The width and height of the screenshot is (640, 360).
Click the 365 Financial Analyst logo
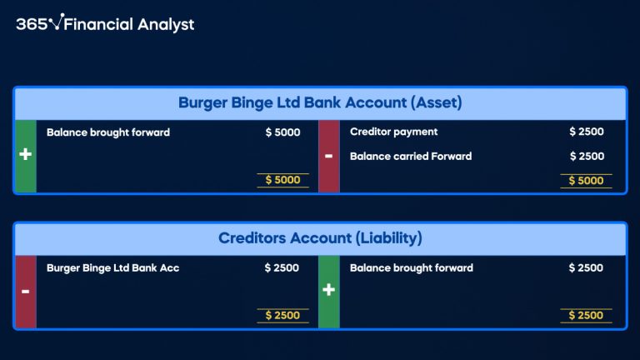tap(105, 24)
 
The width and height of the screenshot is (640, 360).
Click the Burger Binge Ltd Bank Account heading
tap(320, 103)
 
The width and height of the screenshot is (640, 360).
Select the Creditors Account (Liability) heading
tap(320, 238)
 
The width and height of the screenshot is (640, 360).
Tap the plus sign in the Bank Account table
tap(26, 156)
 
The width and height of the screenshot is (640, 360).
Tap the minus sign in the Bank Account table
tap(328, 156)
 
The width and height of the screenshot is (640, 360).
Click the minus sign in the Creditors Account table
tap(26, 291)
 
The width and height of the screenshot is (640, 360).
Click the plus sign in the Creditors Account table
tap(328, 291)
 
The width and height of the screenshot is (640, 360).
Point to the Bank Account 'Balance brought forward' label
tap(108, 132)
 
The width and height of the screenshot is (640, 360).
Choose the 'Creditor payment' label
tap(393, 132)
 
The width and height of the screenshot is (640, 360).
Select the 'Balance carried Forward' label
tap(411, 156)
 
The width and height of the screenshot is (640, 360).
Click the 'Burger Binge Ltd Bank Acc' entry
tap(113, 267)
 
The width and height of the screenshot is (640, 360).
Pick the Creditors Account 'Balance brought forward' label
tap(412, 267)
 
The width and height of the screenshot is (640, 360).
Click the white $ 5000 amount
tap(282, 132)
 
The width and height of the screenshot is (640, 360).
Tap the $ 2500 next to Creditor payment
tap(587, 132)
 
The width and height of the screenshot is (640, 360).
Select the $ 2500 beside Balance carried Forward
tap(587, 156)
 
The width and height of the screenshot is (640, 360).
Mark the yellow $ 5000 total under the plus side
tap(282, 180)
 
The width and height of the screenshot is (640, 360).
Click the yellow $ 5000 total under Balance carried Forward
tap(587, 180)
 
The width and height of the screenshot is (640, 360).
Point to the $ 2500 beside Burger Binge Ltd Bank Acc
tap(282, 267)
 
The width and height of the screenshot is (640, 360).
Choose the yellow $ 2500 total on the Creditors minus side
tap(282, 315)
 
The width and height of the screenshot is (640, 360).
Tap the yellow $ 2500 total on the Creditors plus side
tap(586, 315)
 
